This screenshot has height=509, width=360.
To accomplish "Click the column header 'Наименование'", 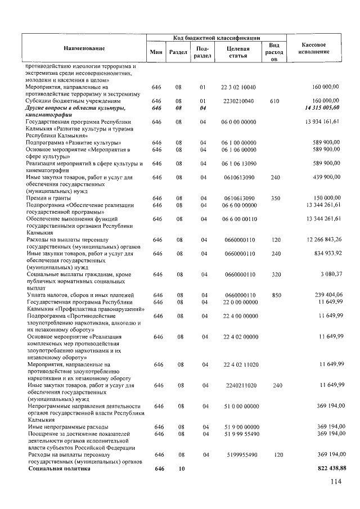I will (84, 49).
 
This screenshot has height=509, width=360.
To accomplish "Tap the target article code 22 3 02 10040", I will (238, 88).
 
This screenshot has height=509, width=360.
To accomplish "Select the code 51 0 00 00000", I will (238, 406).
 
